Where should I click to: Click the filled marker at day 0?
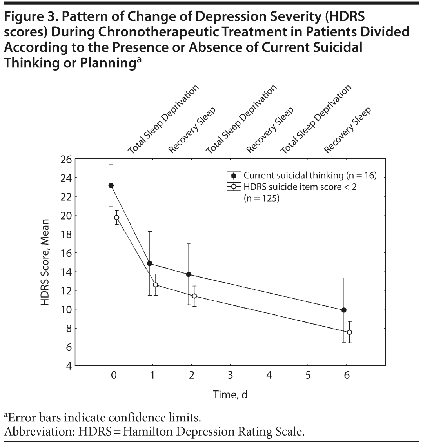(111, 185)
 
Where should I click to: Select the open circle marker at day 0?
(116, 218)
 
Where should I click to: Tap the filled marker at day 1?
(150, 263)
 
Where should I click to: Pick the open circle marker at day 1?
(155, 285)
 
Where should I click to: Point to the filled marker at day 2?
(189, 274)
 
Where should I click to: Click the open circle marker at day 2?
(194, 296)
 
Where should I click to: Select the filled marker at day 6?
(344, 310)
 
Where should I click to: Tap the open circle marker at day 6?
(349, 332)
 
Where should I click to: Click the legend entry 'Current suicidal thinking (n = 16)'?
(310, 175)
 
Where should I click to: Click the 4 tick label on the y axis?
(68, 366)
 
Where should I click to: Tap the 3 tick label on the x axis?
(230, 375)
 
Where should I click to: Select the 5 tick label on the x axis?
(308, 375)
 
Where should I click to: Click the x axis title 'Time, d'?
(230, 395)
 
